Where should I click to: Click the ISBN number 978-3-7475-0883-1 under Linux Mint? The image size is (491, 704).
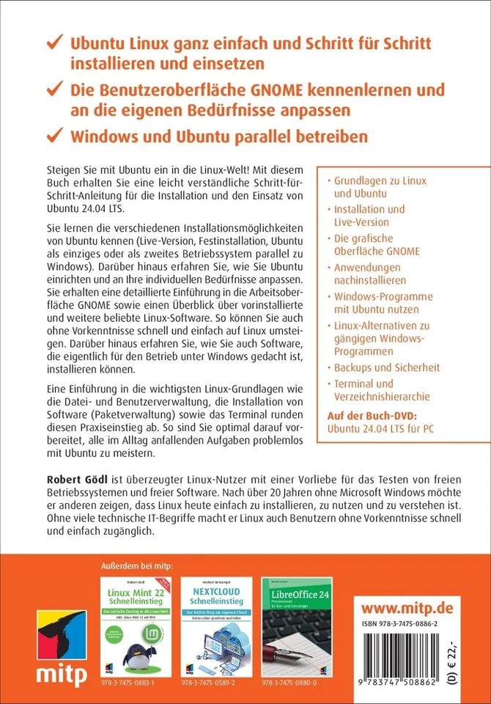[x=133, y=680]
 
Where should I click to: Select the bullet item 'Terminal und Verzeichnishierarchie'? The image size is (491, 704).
[x=383, y=389]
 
